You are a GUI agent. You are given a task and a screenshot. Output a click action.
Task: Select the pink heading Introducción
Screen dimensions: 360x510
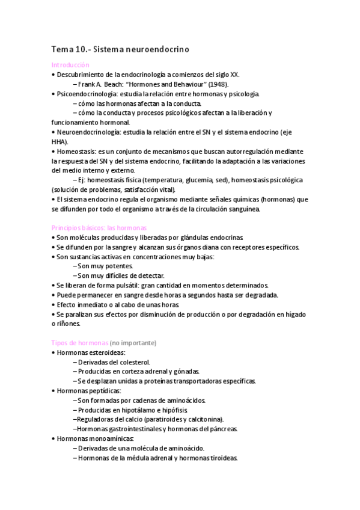pyautogui.click(x=70, y=64)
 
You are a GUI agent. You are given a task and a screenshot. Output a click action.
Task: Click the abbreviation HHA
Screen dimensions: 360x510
pyautogui.click(x=59, y=142)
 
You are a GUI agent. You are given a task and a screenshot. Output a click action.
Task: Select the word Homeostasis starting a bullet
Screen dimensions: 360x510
pyautogui.click(x=76, y=152)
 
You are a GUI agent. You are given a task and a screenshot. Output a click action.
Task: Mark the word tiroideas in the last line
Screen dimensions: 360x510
pyautogui.click(x=222, y=458)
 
